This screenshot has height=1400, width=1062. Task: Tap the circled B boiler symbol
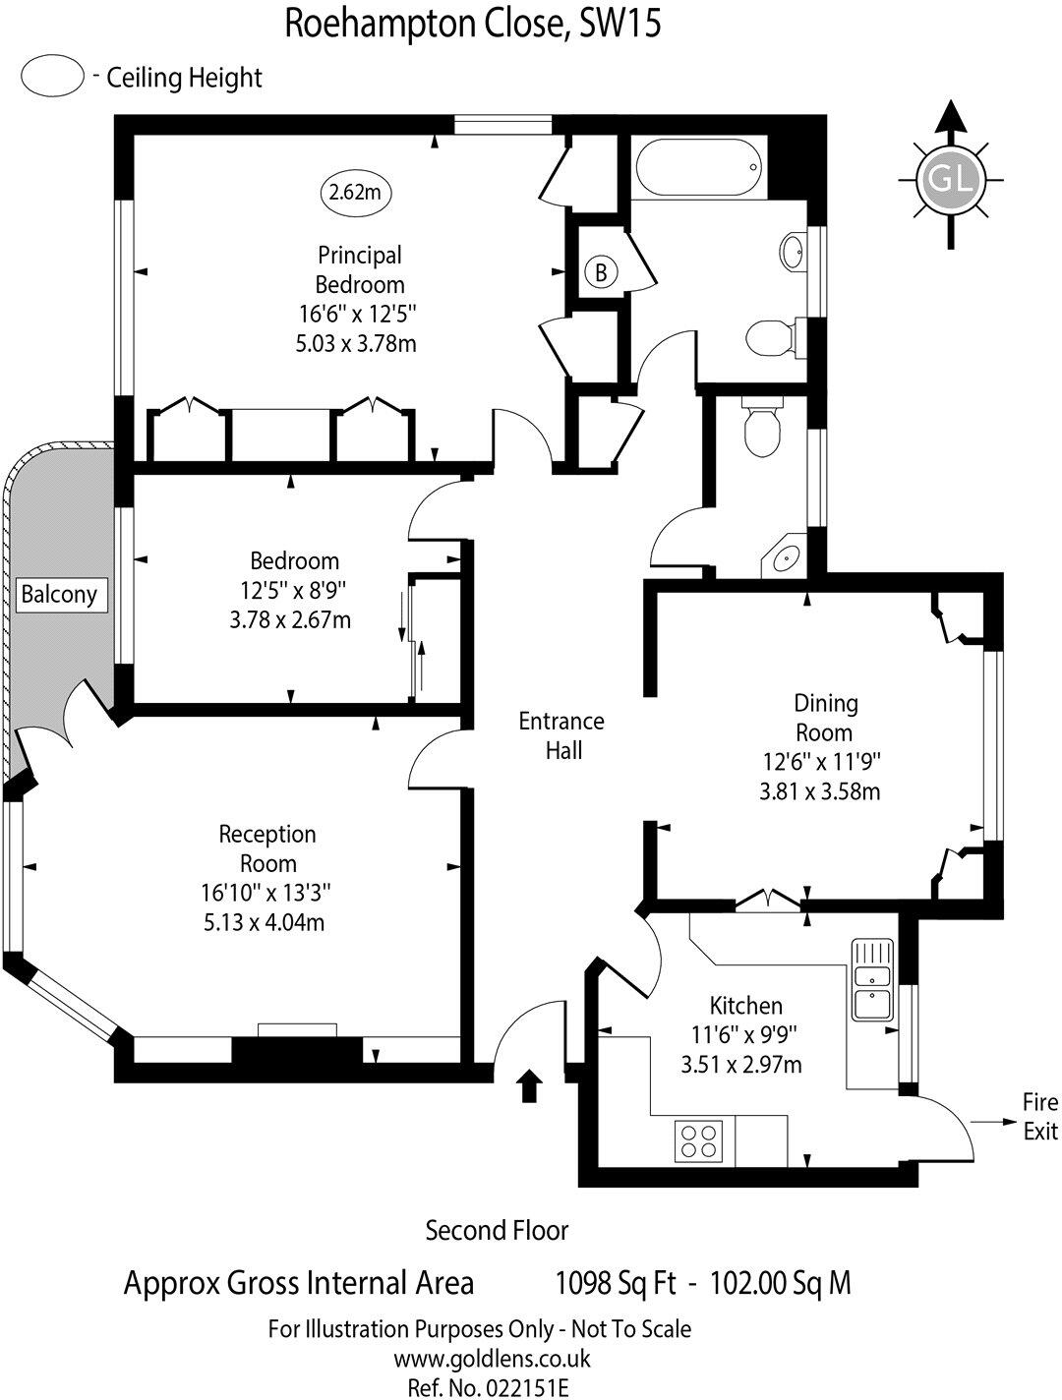601,272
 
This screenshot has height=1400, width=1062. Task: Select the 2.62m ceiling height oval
354,193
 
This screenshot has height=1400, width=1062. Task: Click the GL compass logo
950,179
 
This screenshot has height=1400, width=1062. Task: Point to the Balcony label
59,594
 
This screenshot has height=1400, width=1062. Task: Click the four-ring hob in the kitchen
699,1139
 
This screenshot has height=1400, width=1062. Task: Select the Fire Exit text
1039,1116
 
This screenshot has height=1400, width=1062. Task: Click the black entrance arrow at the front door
529,1085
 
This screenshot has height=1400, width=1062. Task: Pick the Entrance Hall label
561,735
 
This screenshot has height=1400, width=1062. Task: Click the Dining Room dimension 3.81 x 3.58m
820,790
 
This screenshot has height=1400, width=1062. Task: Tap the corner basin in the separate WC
787,559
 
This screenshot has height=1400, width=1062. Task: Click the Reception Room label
267,848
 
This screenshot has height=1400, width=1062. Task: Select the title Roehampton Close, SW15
472,24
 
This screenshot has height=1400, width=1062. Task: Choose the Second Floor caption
497,1230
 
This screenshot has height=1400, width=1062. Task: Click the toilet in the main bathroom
767,338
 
